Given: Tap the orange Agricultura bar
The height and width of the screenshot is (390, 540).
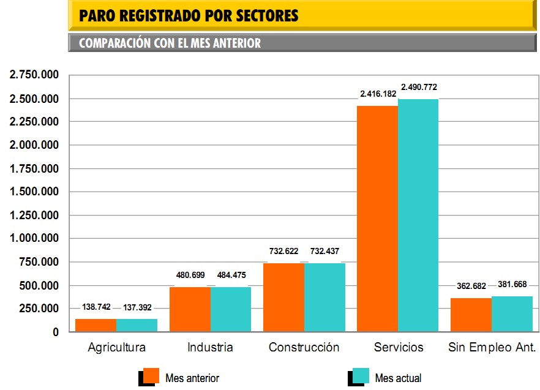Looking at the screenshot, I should pyautogui.click(x=96, y=325).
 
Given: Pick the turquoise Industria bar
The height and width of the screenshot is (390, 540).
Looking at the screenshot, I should pyautogui.click(x=231, y=309).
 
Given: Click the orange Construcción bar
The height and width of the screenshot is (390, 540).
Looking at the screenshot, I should pyautogui.click(x=283, y=298).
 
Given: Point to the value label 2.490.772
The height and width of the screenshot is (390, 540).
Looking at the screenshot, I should pyautogui.click(x=419, y=87).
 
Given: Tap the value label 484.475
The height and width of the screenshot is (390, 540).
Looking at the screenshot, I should pyautogui.click(x=231, y=276).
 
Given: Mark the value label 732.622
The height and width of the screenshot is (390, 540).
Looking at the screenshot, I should pyautogui.click(x=283, y=251).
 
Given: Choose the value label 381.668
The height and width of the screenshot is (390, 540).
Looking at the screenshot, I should pyautogui.click(x=512, y=285).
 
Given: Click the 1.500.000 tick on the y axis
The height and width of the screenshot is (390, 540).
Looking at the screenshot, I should pyautogui.click(x=34, y=192).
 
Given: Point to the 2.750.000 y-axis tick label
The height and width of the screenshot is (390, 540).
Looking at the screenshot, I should pyautogui.click(x=34, y=75).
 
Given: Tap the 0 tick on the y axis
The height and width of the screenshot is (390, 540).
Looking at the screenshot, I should pyautogui.click(x=55, y=332).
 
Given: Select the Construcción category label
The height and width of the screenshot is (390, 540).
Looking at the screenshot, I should pyautogui.click(x=304, y=348).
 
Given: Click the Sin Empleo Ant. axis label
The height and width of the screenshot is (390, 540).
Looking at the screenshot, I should pyautogui.click(x=492, y=348).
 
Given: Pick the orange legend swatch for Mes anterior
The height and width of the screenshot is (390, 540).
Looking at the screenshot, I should pyautogui.click(x=152, y=376).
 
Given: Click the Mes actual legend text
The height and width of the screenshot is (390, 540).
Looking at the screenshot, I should pyautogui.click(x=398, y=378).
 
